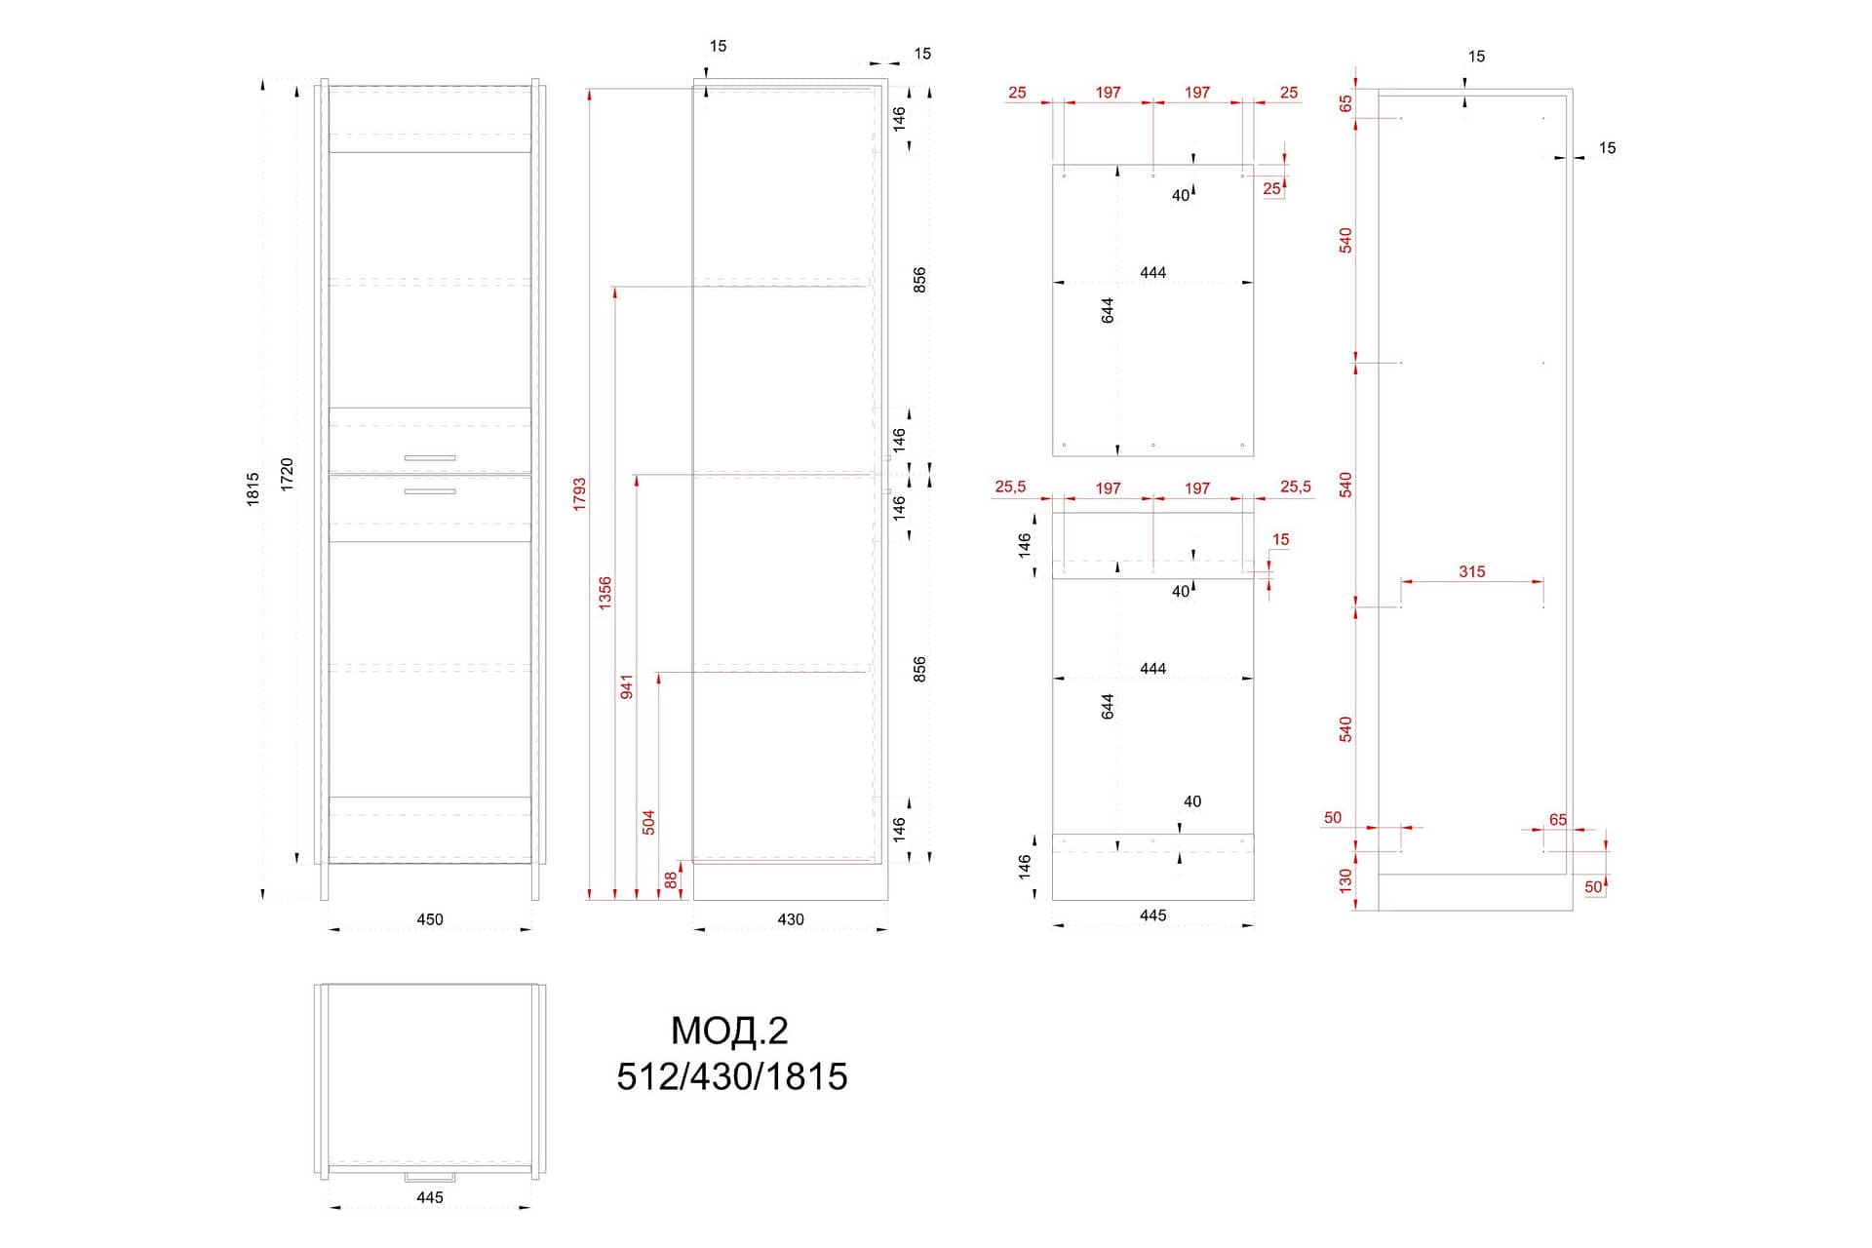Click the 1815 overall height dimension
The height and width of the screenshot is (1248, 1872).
point(253,488)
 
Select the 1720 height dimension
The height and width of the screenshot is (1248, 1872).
point(287,474)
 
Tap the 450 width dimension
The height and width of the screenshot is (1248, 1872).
point(430,919)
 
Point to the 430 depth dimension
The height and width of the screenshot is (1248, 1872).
point(791,919)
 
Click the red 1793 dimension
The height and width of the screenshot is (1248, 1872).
point(580,494)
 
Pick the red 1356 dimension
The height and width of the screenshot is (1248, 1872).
point(605,594)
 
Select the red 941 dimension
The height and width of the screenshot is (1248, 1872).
point(627,686)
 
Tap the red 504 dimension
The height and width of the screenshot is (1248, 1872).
point(648,822)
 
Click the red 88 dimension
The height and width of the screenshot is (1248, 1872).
point(671,879)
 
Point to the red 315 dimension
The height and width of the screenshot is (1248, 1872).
point(1472,571)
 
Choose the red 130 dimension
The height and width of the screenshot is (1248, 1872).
point(1346,880)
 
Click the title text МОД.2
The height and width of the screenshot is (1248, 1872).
point(729,1031)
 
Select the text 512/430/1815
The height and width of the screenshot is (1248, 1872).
point(732,1076)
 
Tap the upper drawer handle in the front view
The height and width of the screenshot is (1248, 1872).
point(430,457)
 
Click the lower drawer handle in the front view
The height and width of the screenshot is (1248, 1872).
point(430,491)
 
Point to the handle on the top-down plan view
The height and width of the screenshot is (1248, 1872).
point(430,1177)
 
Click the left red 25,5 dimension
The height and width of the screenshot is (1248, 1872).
point(1010,487)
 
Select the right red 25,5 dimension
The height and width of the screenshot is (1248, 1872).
point(1296,487)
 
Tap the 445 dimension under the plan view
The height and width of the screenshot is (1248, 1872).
point(430,1197)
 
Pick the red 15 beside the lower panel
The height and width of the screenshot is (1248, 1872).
point(1280,539)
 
